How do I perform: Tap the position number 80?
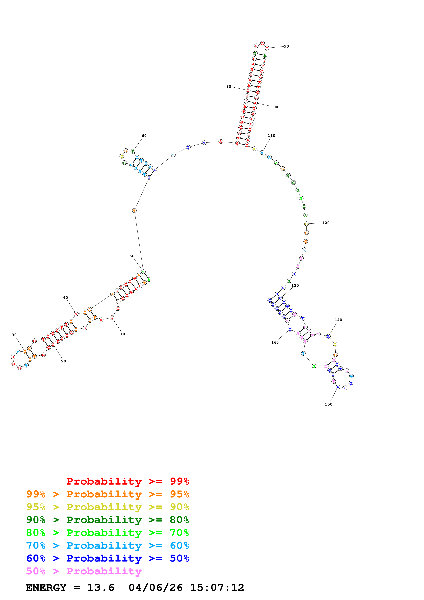pos(229,87)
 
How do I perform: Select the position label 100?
pos(274,107)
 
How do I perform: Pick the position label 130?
pos(295,285)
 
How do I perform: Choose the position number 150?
pos(328,404)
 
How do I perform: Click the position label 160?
pos(275,342)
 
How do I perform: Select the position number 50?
pos(132,256)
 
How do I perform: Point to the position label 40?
pos(65,297)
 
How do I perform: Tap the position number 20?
pos(63,361)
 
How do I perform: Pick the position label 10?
pos(122,334)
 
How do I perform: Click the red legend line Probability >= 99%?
pos(127,481)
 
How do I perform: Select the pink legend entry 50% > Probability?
pos(84,571)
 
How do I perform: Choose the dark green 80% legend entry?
pos(107,520)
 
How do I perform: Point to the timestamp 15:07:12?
pos(217,588)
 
